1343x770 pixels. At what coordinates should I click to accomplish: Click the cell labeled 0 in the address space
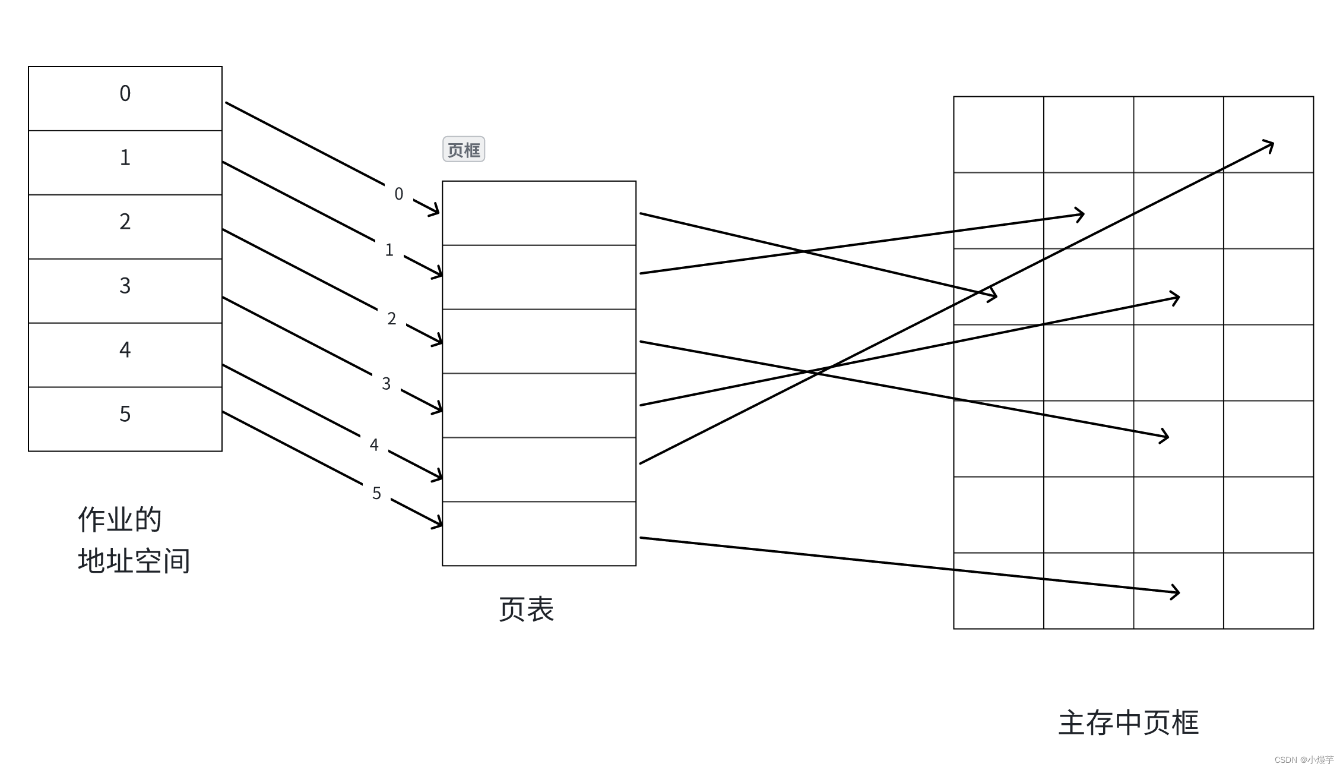coord(125,98)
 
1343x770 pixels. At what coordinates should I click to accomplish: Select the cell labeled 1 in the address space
coord(125,162)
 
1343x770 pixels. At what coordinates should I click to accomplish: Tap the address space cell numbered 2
coord(125,226)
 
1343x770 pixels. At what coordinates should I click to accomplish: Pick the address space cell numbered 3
coord(125,291)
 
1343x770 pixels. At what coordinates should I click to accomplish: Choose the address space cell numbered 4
coord(125,355)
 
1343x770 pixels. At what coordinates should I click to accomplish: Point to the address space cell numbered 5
coord(125,419)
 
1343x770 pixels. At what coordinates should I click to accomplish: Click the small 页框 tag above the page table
coord(464,149)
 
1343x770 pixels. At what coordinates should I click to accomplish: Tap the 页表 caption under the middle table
coord(527,610)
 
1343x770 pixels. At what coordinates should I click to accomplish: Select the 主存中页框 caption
coord(1128,723)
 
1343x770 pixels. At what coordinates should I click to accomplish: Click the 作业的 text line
coord(120,520)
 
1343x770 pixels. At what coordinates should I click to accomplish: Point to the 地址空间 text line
coord(134,561)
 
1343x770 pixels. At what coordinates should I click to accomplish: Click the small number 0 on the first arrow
coord(399,194)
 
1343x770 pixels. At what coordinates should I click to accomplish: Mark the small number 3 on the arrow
coord(387,384)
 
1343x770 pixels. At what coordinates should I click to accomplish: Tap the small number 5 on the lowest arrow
coord(376,493)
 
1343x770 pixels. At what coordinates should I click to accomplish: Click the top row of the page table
coord(539,213)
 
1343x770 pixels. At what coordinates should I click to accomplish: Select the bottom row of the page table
coord(539,534)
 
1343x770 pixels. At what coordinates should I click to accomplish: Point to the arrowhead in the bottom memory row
coord(1174,592)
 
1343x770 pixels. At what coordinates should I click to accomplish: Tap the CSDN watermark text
coord(1304,760)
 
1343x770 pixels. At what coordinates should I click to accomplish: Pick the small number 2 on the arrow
coord(392,318)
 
